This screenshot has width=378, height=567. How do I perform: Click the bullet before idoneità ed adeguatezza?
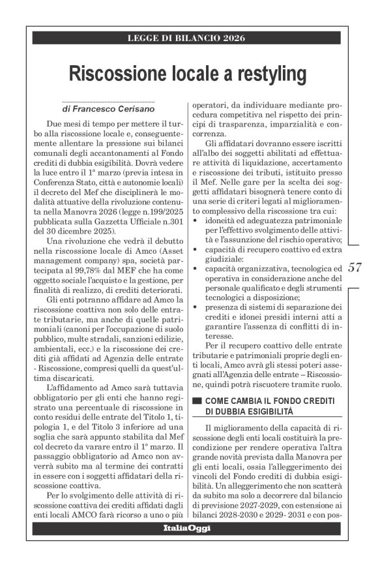[x=196, y=221]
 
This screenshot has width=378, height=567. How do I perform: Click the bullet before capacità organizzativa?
[x=196, y=268]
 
